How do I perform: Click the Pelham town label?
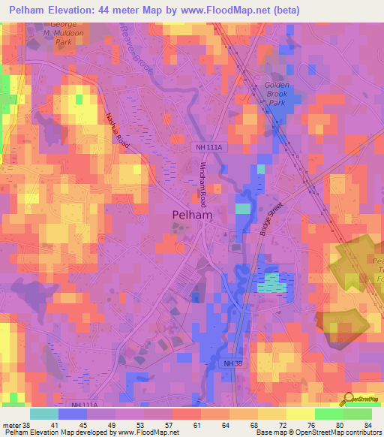coord(192,215)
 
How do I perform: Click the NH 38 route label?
coord(233,364)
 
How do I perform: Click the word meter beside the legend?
coord(11,424)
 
